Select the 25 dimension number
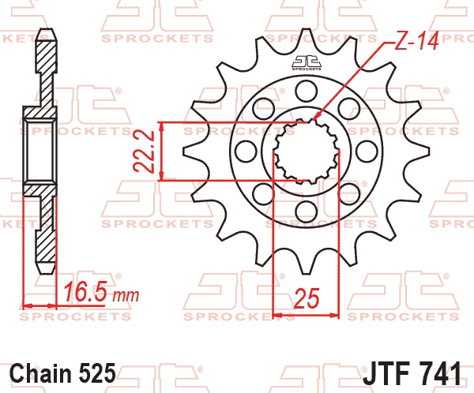pyautogui.click(x=307, y=299)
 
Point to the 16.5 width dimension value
pyautogui.click(x=85, y=292)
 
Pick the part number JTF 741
pyautogui.click(x=412, y=373)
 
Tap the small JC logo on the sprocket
pyautogui.click(x=307, y=62)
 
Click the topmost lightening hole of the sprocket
pyautogui.click(x=307, y=91)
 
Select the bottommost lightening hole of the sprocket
pyautogui.click(x=307, y=211)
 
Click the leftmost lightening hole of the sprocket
pyautogui.click(x=246, y=152)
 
